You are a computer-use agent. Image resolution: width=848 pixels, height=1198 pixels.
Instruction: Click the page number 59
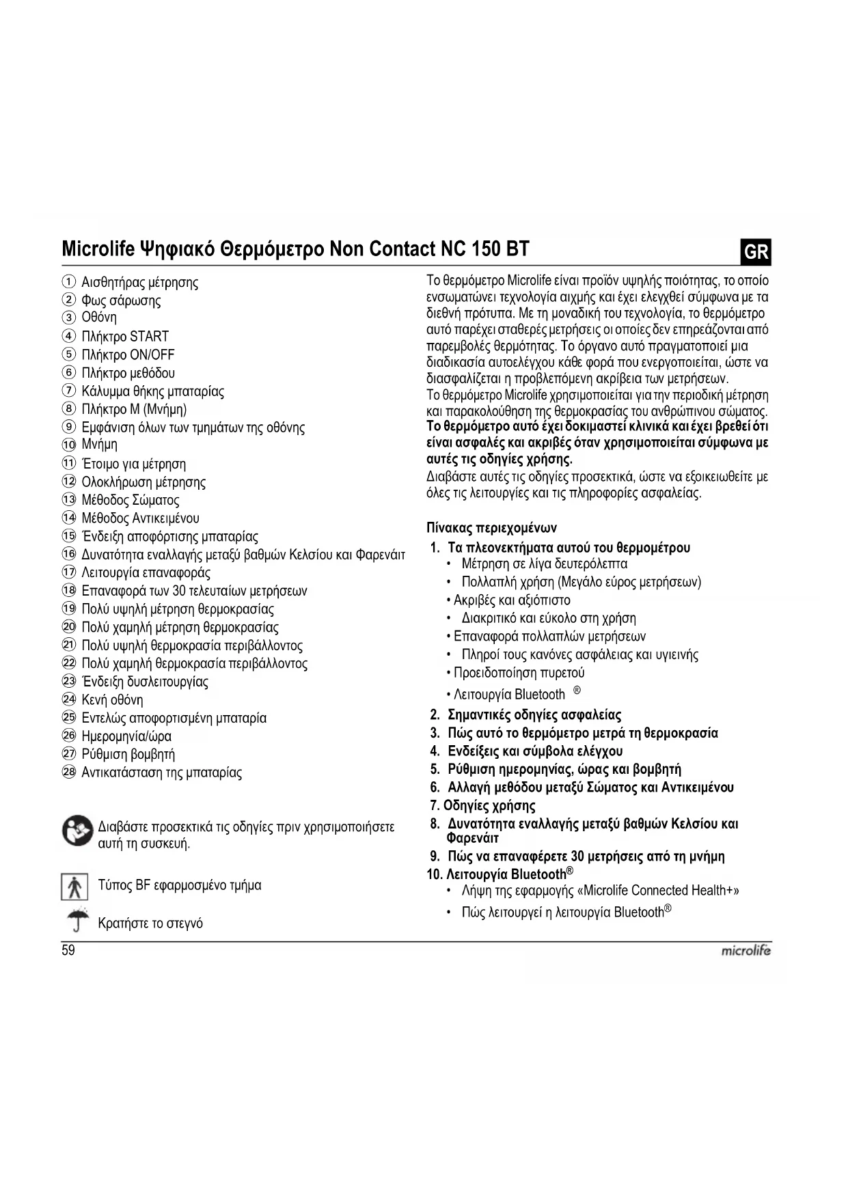(68, 950)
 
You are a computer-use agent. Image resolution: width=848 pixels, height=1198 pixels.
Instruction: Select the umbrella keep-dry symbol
(78, 919)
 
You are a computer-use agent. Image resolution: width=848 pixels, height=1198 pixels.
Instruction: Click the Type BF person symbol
(74, 887)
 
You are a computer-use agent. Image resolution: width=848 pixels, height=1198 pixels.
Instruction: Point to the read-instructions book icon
(77, 831)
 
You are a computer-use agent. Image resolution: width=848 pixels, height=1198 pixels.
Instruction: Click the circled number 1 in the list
(68, 282)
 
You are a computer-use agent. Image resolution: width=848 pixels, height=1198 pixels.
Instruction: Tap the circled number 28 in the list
(68, 772)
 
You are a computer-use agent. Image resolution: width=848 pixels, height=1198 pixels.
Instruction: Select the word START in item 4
(149, 337)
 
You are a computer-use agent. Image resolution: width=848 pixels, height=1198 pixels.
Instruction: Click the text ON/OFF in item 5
(152, 355)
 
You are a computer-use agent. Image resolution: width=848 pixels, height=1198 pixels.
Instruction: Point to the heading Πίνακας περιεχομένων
(491, 528)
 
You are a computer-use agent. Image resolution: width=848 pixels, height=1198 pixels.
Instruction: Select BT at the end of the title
(517, 249)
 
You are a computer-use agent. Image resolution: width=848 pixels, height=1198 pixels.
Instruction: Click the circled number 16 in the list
(68, 555)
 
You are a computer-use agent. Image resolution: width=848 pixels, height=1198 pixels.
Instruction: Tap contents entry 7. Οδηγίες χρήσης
(482, 806)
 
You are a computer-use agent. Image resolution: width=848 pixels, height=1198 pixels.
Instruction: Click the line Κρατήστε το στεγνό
(150, 923)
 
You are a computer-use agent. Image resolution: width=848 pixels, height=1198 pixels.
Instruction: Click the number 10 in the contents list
(434, 875)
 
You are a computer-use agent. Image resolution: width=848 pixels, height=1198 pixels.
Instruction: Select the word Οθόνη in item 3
(99, 318)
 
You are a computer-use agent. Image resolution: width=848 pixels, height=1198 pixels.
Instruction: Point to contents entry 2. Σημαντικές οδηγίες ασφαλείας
(526, 715)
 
